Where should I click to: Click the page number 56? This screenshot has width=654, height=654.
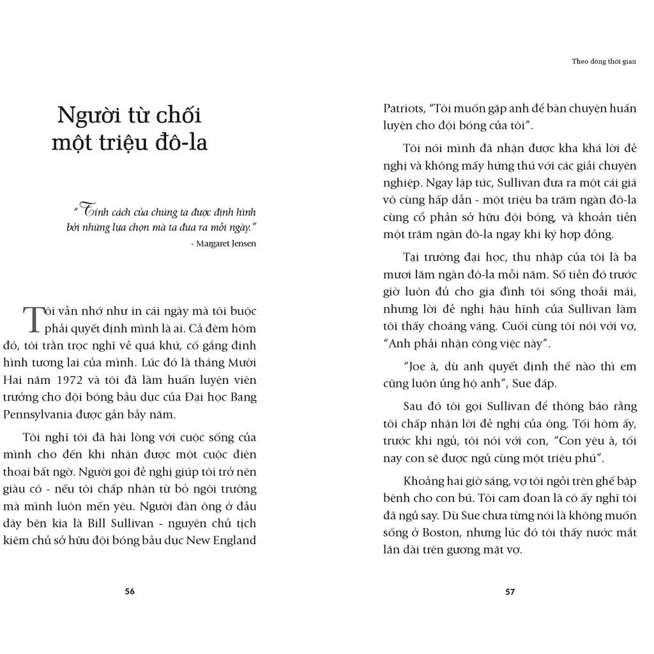pyautogui.click(x=130, y=591)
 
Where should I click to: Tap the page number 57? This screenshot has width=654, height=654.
pyautogui.click(x=510, y=591)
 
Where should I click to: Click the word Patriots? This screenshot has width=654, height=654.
pyautogui.click(x=403, y=108)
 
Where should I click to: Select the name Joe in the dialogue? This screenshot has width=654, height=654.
pyautogui.click(x=416, y=367)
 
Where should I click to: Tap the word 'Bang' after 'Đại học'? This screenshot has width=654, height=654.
pyautogui.click(x=243, y=397)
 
